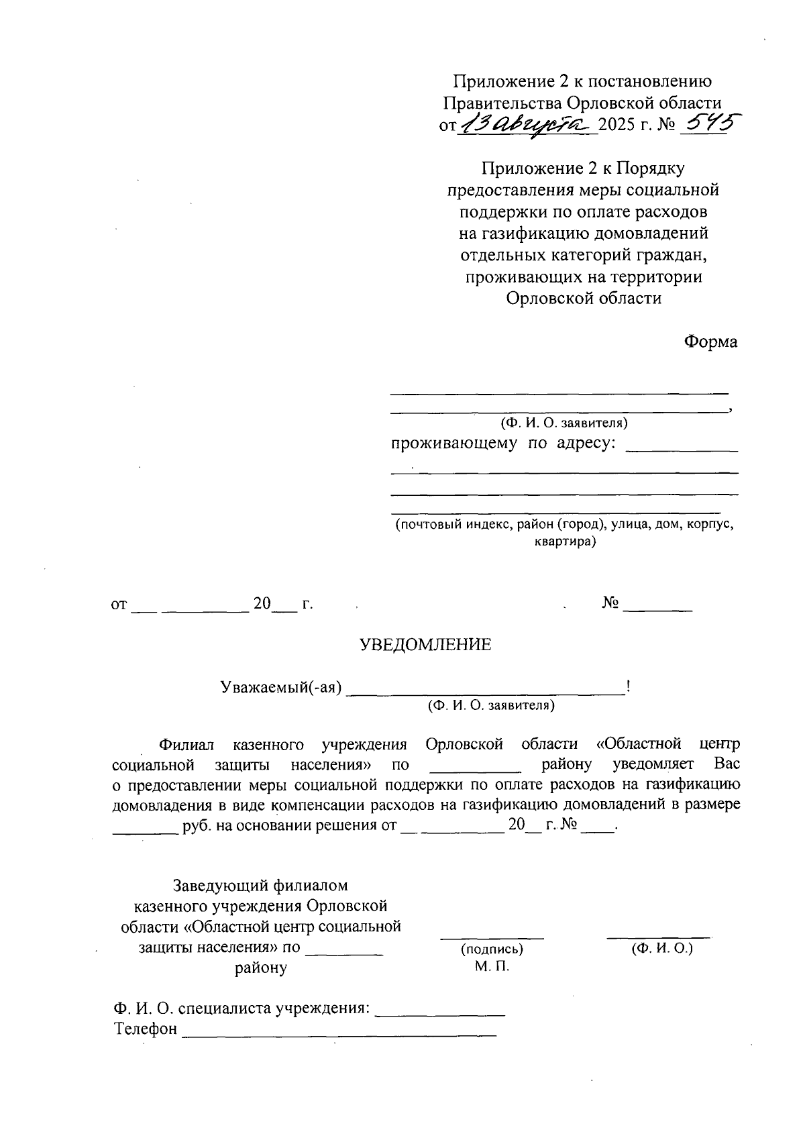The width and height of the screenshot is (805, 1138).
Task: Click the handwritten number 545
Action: [704, 124]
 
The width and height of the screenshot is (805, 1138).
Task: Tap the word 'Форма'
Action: [710, 342]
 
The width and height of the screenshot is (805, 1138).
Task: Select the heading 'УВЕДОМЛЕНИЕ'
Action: [426, 645]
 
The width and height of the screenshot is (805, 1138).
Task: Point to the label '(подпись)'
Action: [492, 949]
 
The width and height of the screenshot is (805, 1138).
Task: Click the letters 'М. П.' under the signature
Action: [492, 966]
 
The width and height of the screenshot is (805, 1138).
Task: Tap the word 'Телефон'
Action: [146, 1029]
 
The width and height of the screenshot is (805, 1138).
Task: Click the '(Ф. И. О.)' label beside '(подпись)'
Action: [661, 948]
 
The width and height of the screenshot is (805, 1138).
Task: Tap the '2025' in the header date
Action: [617, 125]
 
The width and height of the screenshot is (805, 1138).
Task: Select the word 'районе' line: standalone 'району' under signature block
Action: [261, 968]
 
